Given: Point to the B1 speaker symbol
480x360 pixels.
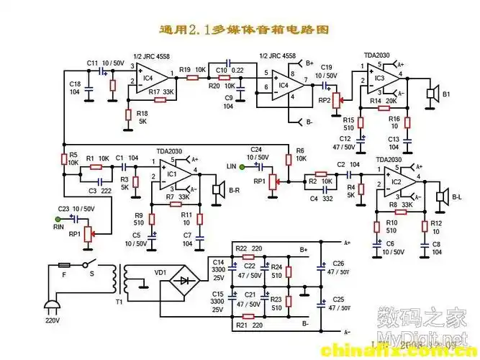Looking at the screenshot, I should click(432, 94).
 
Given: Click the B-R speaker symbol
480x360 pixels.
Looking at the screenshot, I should click(215, 189).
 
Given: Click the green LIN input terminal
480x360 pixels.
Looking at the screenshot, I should click(243, 167).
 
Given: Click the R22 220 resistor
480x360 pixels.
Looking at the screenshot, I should click(249, 256).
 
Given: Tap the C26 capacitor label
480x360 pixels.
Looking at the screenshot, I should click(339, 264).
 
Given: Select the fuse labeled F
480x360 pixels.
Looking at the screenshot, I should click(63, 266).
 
